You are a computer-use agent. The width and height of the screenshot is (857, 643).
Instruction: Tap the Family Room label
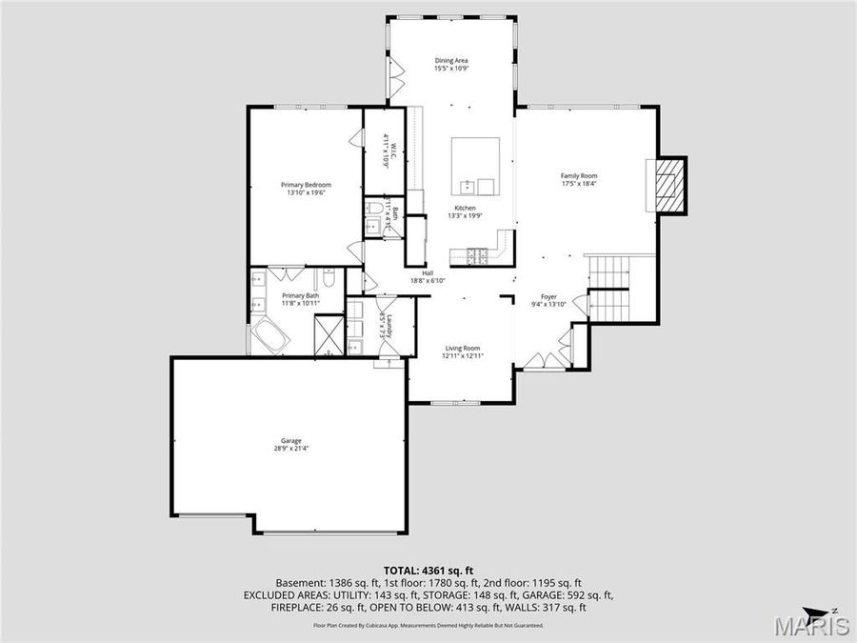tap(578, 176)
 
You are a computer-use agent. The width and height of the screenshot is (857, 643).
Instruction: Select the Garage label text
tap(290, 441)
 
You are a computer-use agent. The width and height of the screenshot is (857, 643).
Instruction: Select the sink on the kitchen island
tap(468, 186)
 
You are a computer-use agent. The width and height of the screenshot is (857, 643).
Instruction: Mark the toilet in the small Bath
tap(374, 209)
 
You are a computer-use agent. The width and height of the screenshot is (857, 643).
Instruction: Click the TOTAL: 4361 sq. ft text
tap(428, 568)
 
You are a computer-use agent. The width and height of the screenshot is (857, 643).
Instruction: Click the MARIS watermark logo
tap(810, 626)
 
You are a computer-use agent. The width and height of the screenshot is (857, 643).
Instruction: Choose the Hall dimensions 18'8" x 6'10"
tap(428, 281)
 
